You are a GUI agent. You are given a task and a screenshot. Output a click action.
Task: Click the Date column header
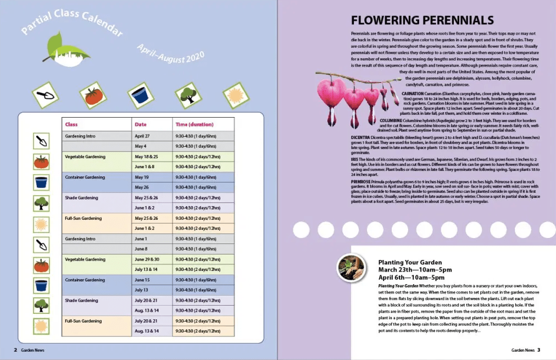141,124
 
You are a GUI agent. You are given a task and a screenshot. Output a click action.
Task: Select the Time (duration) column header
194,124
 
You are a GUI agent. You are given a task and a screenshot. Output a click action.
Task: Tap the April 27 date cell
142,136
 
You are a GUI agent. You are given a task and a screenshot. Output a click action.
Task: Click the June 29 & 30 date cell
147,259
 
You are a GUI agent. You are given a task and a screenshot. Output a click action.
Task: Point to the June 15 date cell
142,280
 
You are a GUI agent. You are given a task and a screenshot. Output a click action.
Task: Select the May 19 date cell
142,177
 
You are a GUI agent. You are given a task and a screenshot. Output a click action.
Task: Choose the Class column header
71,124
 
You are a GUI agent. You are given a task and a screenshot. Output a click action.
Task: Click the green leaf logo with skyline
62,49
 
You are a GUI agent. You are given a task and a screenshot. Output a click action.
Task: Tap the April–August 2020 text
170,53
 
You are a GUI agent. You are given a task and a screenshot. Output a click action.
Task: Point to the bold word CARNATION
413,93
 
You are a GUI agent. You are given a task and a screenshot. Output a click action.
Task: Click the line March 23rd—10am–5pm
415,270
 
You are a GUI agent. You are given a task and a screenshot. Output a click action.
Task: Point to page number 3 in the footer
539,350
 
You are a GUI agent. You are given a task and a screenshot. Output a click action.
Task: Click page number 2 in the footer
15,350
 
